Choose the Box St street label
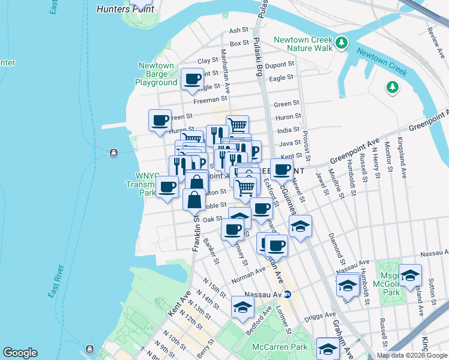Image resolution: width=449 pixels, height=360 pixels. (239, 43)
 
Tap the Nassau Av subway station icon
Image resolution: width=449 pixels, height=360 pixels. (287, 294)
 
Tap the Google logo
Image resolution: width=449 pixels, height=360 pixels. (20, 353)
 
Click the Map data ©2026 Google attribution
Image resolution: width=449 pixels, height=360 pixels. (412, 355)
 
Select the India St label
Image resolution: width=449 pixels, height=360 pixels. (288, 130)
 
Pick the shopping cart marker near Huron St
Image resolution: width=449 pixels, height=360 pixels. (237, 125)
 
